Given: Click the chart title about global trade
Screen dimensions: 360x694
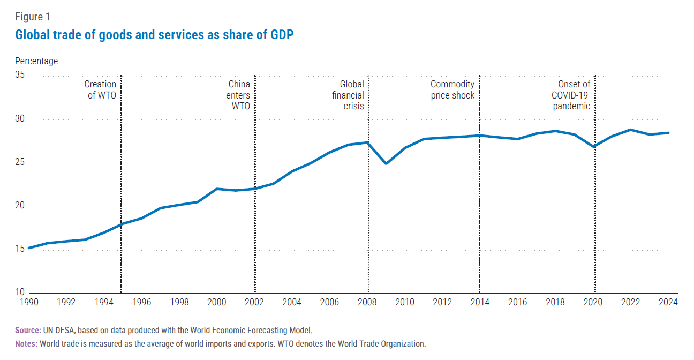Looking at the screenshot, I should pyautogui.click(x=154, y=35).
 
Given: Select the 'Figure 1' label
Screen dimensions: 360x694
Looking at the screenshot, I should pyautogui.click(x=33, y=17).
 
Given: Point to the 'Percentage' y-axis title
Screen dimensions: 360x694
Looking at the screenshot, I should pyautogui.click(x=36, y=61).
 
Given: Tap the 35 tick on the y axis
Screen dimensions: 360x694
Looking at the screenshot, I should pyautogui.click(x=20, y=76).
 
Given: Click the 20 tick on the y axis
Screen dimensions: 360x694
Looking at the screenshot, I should pyautogui.click(x=20, y=207).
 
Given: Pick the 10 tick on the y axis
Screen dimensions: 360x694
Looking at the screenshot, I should pyautogui.click(x=20, y=293).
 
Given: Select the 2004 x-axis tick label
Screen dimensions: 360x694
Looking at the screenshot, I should pyautogui.click(x=292, y=302).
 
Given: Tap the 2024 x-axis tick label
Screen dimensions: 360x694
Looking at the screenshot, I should pyautogui.click(x=668, y=302).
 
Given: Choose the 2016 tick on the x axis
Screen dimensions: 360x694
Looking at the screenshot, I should pyautogui.click(x=517, y=302).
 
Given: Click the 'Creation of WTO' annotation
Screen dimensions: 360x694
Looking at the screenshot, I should pyautogui.click(x=100, y=89).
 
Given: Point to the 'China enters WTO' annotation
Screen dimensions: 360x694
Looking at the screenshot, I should pyautogui.click(x=239, y=95).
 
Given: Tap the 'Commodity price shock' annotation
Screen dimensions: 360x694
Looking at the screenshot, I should pyautogui.click(x=452, y=89).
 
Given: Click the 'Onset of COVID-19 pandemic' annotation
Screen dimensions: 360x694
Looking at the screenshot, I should pyautogui.click(x=571, y=95).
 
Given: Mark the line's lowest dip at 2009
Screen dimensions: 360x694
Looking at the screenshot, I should pyautogui.click(x=386, y=163).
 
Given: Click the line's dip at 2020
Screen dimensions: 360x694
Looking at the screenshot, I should pyautogui.click(x=593, y=147).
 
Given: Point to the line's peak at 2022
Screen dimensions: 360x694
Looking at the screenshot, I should pyautogui.click(x=631, y=130).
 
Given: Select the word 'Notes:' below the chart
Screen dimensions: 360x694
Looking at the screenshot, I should pyautogui.click(x=26, y=344).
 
